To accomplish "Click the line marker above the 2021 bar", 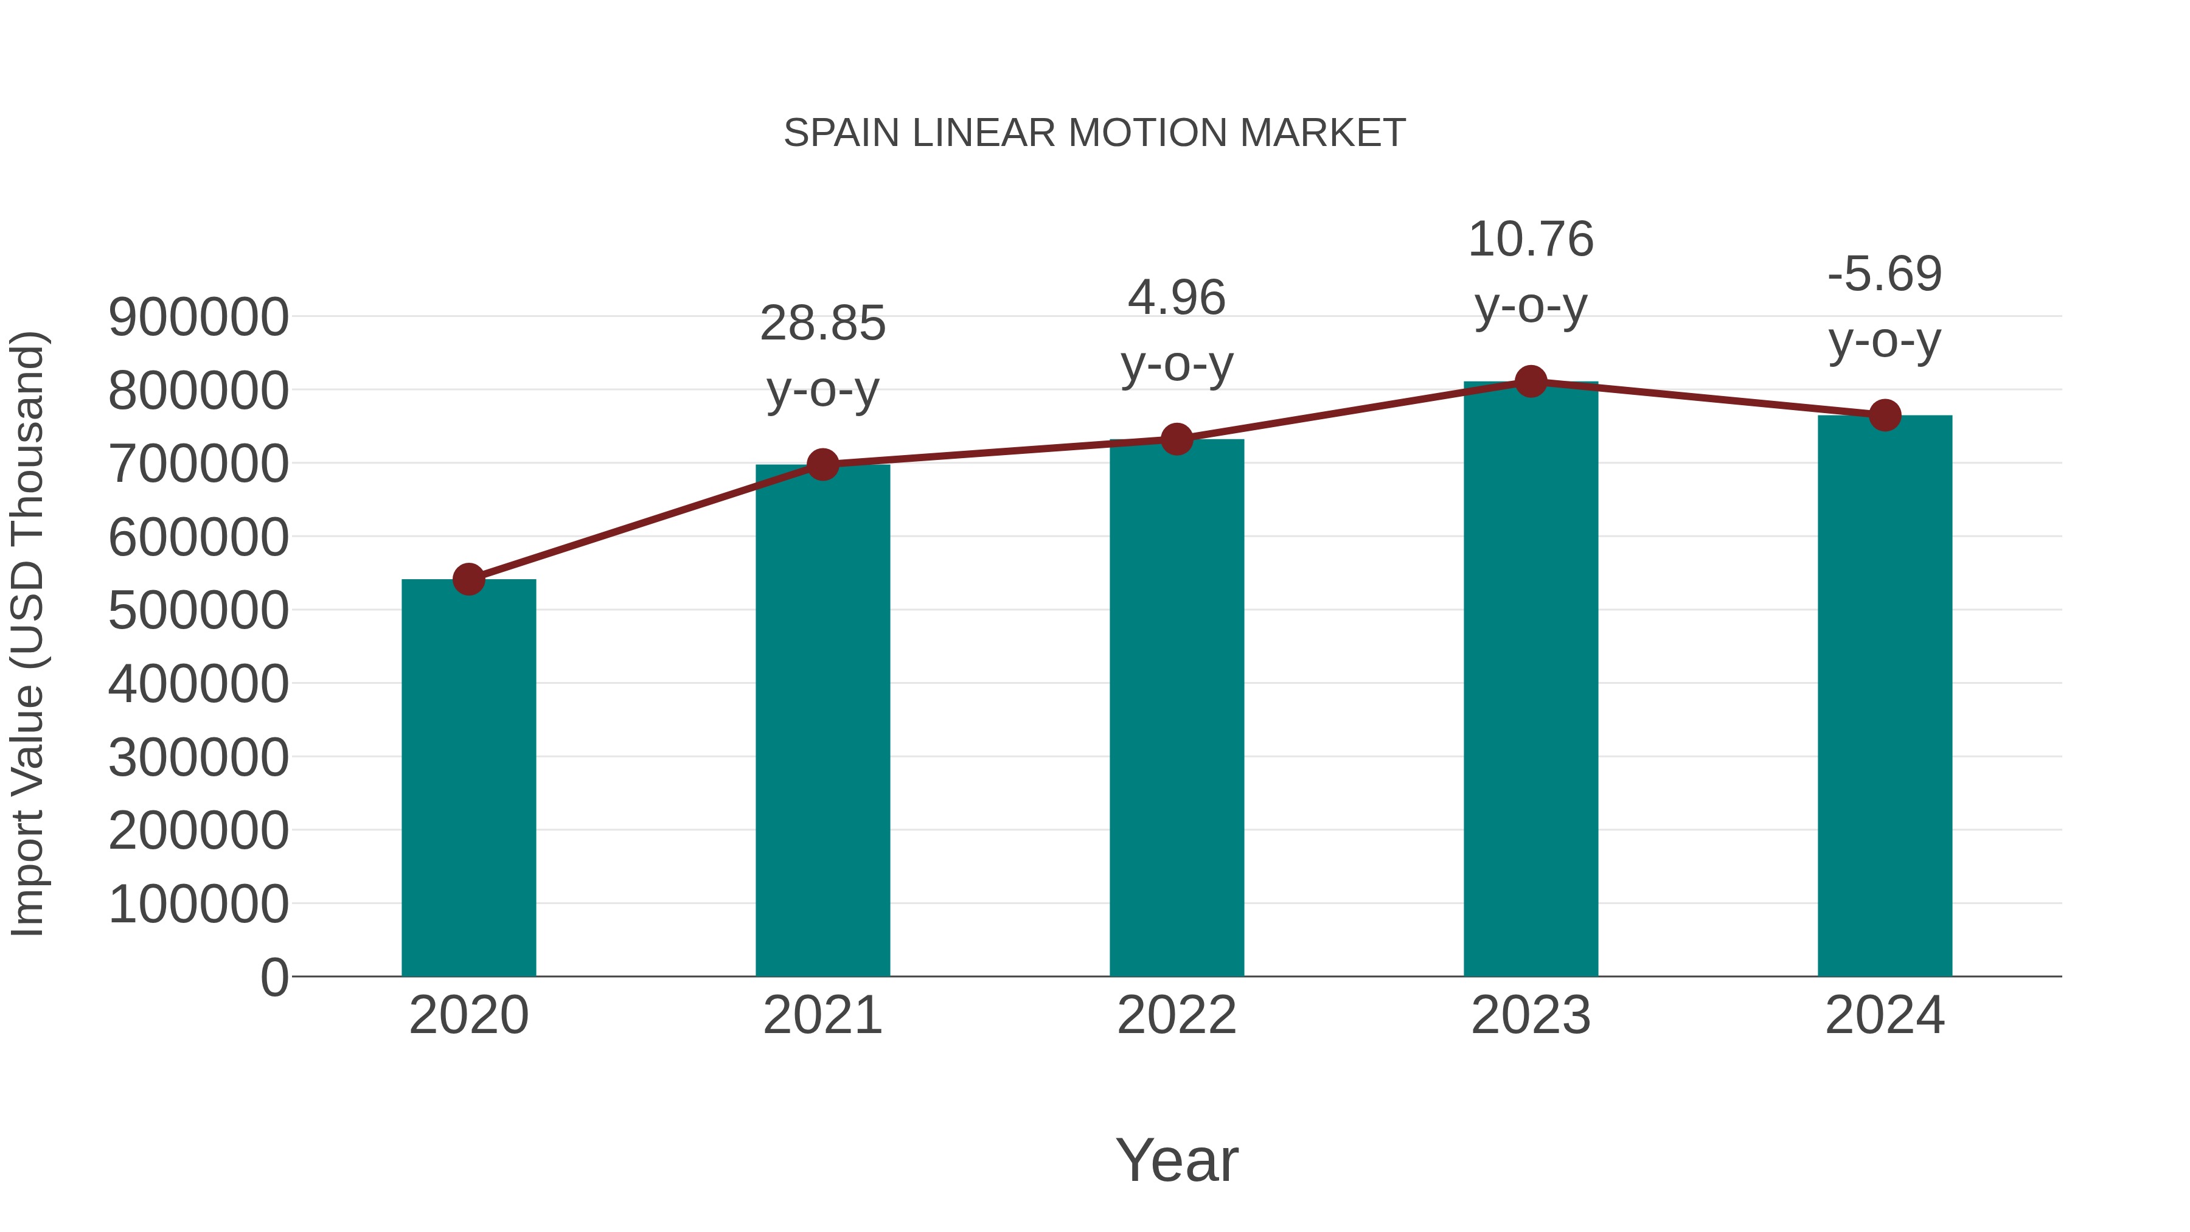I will click(x=822, y=464).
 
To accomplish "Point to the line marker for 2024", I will click(x=1885, y=415).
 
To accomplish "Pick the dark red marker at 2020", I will click(x=468, y=579).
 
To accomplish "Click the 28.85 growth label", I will click(x=822, y=324).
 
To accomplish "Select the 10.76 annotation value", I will click(x=1531, y=240).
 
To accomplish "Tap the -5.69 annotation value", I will click(x=1885, y=274).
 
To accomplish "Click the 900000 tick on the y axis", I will click(x=198, y=318).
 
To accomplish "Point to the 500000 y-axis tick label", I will click(x=198, y=610).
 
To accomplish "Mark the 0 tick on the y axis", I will click(x=274, y=977).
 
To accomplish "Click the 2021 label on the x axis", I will click(x=822, y=1015).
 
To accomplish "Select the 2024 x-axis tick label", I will click(x=1885, y=1015).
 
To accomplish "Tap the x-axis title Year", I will click(x=1177, y=1160).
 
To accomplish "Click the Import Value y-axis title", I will click(x=27, y=633).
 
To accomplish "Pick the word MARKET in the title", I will click(x=1322, y=133).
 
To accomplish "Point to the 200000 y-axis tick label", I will click(x=198, y=830).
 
